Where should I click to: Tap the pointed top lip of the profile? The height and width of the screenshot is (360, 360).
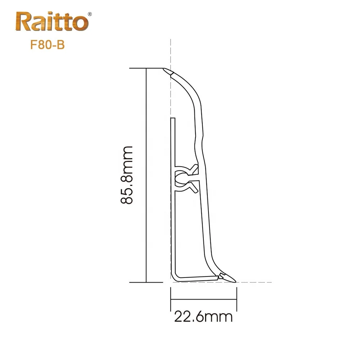point(167,71)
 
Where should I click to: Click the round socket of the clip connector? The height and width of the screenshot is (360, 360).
point(179,177)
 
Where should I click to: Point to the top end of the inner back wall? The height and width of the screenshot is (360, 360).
point(173,118)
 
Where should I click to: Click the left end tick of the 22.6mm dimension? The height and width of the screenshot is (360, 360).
point(170,298)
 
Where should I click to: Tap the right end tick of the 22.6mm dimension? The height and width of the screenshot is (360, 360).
point(237,298)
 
